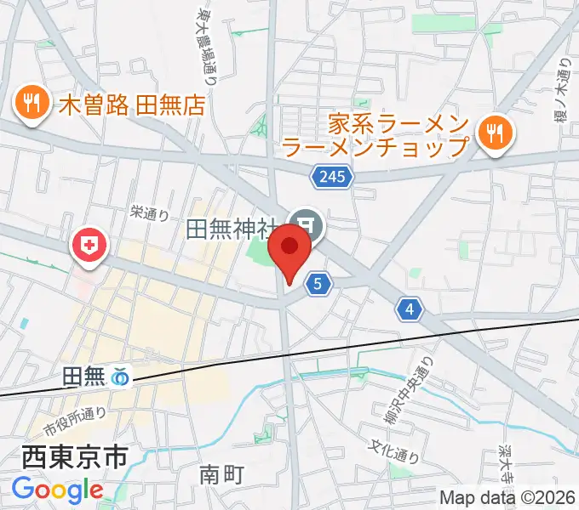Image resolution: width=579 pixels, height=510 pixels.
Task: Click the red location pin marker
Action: pos(289,252)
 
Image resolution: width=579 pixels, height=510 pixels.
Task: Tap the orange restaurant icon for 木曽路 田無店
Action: pos(32,105)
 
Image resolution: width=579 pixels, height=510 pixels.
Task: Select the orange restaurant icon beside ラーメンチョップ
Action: pos(492,132)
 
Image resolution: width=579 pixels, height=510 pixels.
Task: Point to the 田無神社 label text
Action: pos(232,229)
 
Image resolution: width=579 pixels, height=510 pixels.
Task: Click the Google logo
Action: pos(58,490)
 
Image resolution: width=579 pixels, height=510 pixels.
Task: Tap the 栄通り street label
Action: pos(150,214)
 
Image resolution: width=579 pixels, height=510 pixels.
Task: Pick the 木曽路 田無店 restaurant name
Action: pos(133,105)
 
